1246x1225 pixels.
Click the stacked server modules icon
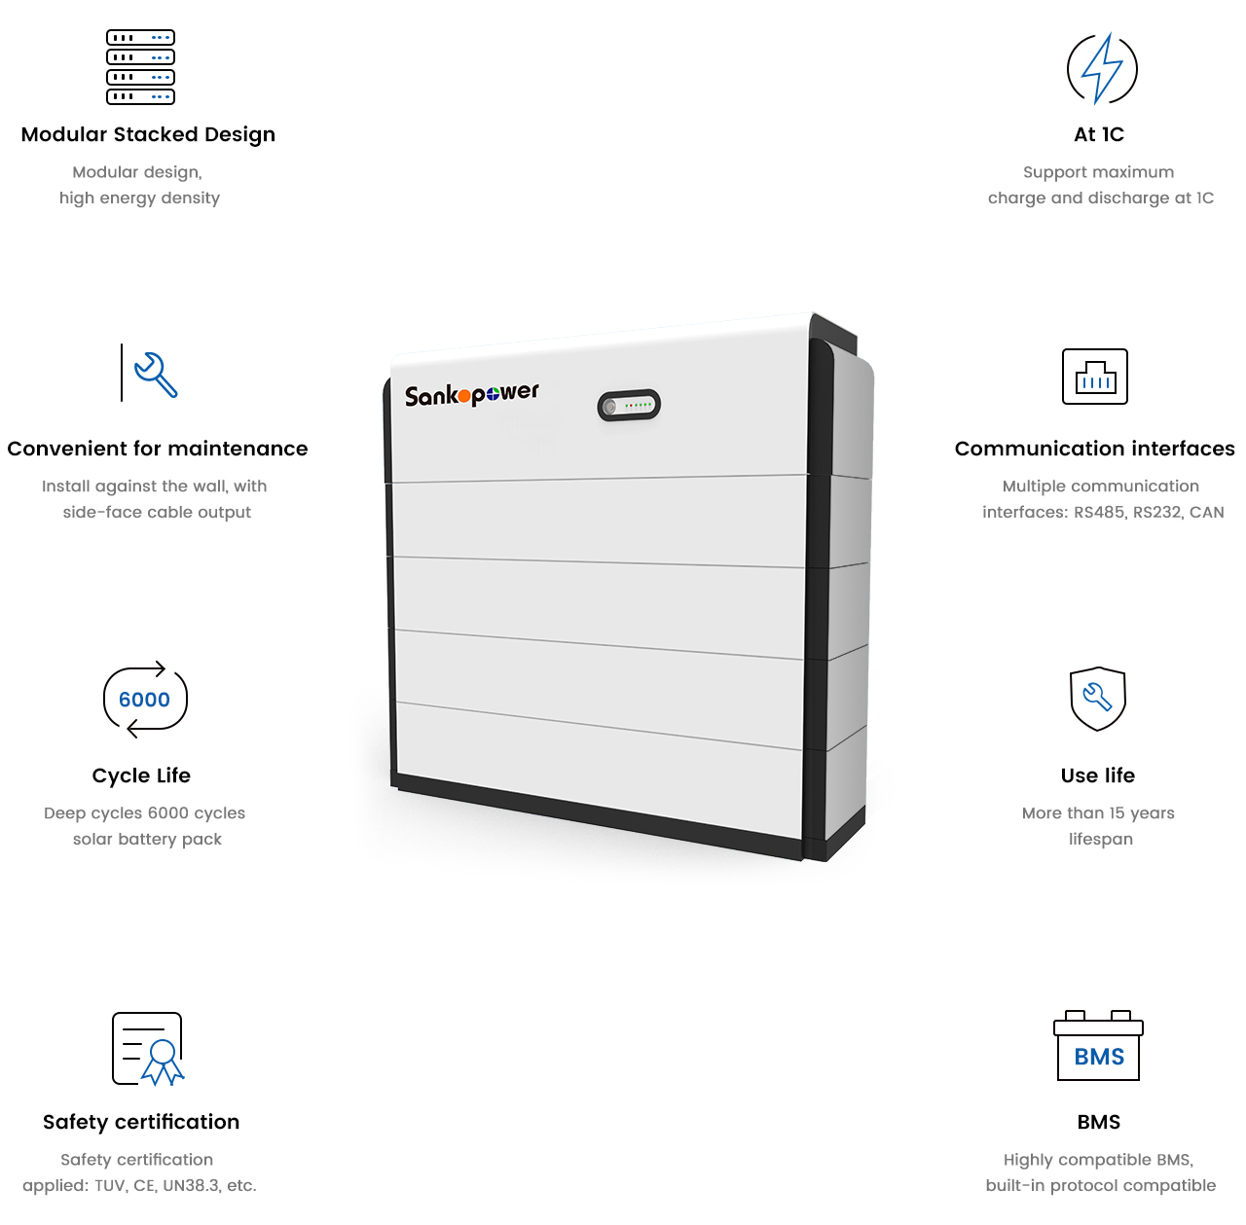pos(140,66)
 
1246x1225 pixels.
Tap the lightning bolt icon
pos(1102,68)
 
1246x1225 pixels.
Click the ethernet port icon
pos(1095,377)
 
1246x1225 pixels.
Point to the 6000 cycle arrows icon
pos(145,700)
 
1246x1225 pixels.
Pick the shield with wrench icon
pos(1098,698)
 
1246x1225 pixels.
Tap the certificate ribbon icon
pos(148,1049)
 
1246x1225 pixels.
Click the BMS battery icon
pos(1098,1047)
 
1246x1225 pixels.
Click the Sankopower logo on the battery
pos(472,394)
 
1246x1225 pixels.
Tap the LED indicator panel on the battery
pos(629,405)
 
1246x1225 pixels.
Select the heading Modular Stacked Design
pos(148,134)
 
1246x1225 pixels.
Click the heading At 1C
pos(1099,134)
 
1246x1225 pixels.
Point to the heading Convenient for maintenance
pos(158,449)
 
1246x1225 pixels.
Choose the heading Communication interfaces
pos(1095,449)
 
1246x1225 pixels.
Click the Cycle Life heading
pos(141,775)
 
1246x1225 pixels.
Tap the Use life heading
pos(1098,775)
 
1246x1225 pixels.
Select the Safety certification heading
pos(141,1122)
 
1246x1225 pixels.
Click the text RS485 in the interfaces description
pos(1099,512)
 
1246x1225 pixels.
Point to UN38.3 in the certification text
pos(190,1185)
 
